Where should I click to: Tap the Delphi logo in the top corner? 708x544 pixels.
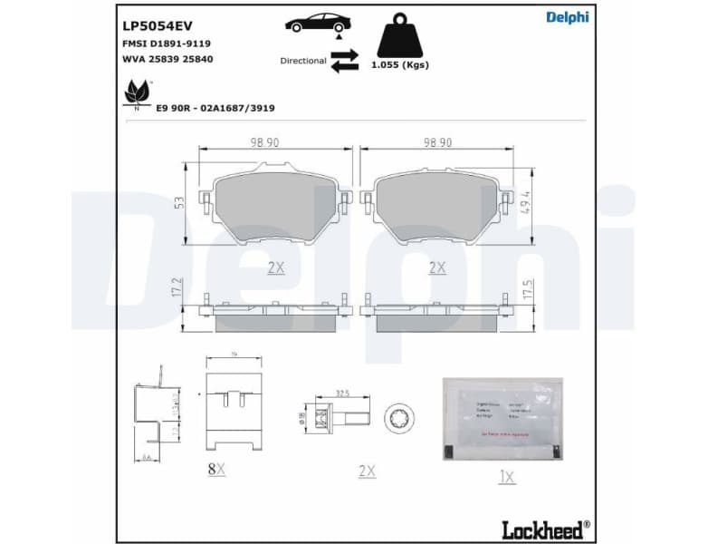pos(568,17)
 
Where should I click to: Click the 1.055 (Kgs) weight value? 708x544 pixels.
pos(400,65)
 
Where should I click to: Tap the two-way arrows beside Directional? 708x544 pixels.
pos(345,61)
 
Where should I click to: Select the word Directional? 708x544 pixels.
pos(303,61)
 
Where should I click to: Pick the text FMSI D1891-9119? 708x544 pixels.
pos(167,44)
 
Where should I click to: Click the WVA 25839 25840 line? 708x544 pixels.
pos(167,59)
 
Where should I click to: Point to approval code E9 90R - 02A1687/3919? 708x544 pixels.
pos(215,108)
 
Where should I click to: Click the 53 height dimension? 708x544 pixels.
pos(179,204)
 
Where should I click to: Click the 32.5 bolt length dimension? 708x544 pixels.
pos(343,393)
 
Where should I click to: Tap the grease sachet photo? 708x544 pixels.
pos(502,419)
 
